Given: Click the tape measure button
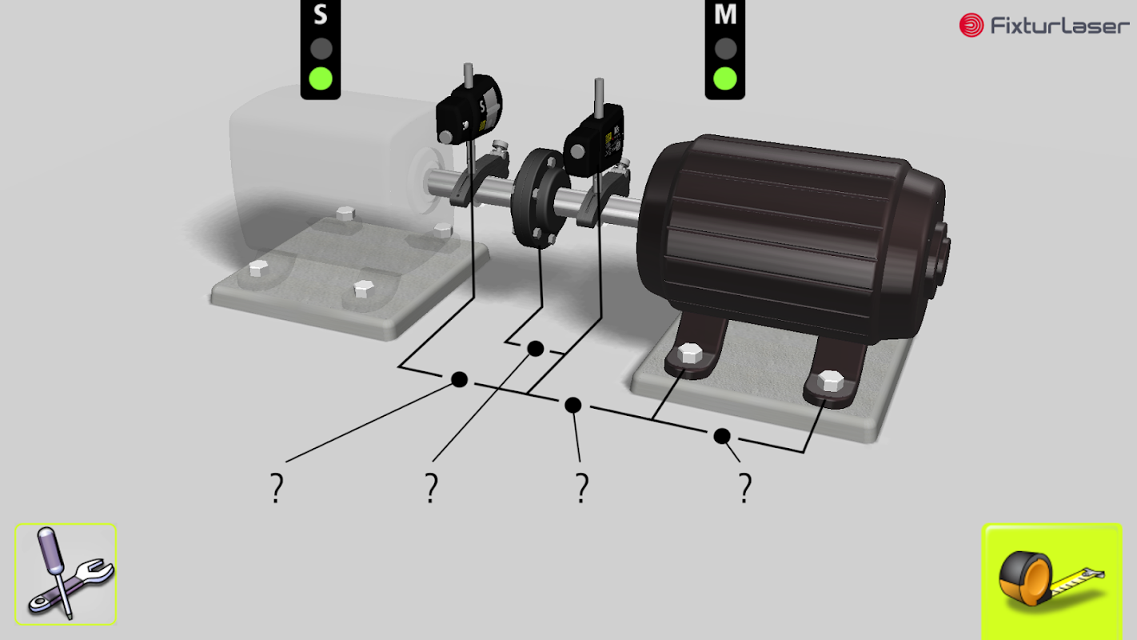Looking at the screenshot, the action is coord(1051,581).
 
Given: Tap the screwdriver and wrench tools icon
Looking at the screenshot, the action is coord(66,574).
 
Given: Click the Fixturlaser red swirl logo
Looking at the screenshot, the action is coord(971,25).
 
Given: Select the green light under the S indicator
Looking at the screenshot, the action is coord(321,78).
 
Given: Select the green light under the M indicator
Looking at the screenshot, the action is coord(725,78).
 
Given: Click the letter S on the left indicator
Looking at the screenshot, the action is coord(321,14).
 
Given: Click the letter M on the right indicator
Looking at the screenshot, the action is coord(725,14).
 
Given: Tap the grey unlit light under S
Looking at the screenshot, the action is coord(321,49).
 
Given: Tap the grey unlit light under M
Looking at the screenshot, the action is coord(725,49).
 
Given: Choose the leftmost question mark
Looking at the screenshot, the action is coord(277,488).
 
